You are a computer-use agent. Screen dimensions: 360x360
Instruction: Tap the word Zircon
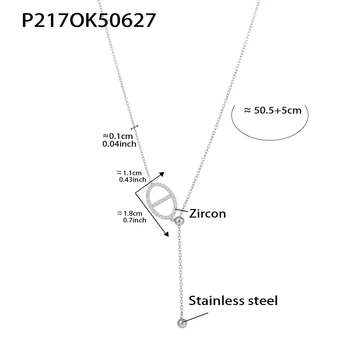coord(207,213)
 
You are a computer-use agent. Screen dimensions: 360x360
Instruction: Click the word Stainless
coord(216,301)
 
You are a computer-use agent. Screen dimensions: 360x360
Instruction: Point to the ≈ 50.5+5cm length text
coord(272,110)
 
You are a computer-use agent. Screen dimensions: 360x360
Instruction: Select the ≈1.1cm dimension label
coord(129,172)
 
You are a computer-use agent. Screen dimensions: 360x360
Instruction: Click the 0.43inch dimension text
coord(132,180)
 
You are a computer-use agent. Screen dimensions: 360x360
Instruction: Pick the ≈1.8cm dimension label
coord(129,213)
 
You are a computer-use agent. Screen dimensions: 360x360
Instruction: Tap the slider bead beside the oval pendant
coord(179,221)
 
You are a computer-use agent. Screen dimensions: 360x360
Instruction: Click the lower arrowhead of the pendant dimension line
coord(166,233)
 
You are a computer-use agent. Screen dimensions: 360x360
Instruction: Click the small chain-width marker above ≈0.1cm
coord(135,128)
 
